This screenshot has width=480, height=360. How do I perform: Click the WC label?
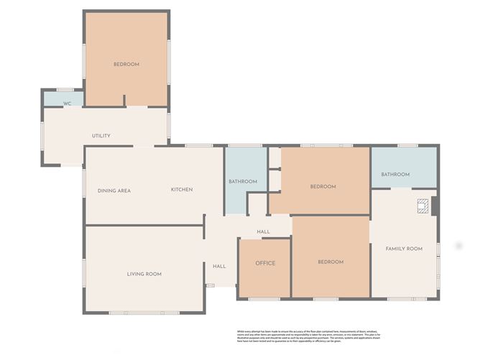pos(67,104)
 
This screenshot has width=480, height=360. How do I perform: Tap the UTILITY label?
pos(101,136)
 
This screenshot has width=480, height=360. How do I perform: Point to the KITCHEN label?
pos(181,190)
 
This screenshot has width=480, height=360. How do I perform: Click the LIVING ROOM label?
pos(144,274)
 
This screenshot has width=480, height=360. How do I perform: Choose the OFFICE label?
pos(265,263)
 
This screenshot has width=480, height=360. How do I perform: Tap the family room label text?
pos(404,249)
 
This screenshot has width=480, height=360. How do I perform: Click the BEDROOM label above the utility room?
pos(126,65)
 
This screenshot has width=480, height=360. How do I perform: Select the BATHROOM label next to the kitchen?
pos(243,181)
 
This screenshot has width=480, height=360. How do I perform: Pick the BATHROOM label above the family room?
pos(395,175)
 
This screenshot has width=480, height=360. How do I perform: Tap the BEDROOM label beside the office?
pos(331,262)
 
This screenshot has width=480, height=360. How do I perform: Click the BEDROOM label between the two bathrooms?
pos(323,187)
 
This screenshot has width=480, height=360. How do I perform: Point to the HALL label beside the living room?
pos(219,267)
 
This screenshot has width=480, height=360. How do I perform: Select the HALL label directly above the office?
pos(264,231)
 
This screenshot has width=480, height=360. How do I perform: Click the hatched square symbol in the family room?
pos(423,205)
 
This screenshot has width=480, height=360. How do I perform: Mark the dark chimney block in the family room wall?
pos(434,206)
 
